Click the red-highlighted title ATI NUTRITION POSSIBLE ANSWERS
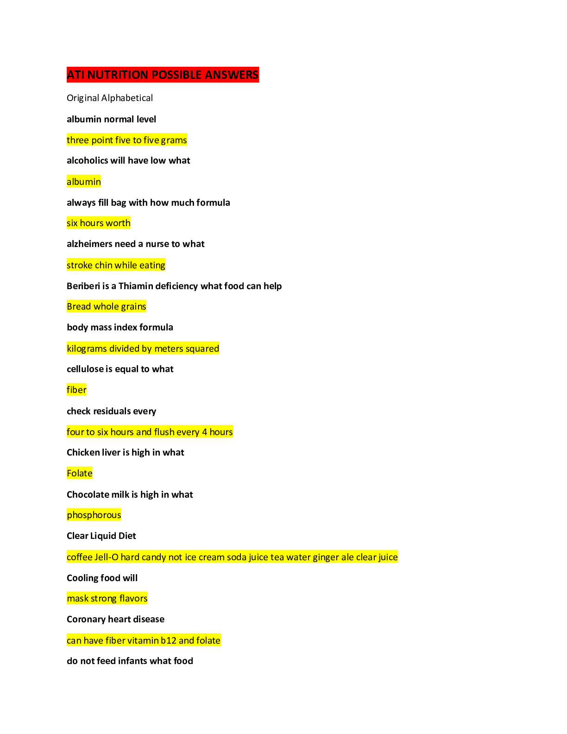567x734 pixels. tap(163, 75)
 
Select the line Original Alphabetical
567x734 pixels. tap(110, 98)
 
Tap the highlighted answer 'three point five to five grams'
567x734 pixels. tap(126, 140)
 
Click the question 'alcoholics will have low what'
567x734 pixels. tap(128, 160)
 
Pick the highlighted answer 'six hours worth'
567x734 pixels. tap(99, 223)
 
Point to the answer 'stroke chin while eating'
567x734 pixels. tap(116, 265)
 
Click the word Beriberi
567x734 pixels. tap(83, 286)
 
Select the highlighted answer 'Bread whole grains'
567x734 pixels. tap(107, 306)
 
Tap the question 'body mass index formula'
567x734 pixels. tap(120, 327)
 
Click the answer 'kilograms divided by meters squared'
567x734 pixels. tap(143, 348)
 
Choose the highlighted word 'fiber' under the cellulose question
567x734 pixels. tap(76, 390)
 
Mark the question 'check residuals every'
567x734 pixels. tap(112, 411)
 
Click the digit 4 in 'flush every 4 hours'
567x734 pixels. tap(204, 432)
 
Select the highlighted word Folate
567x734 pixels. tap(79, 473)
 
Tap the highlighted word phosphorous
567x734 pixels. tap(94, 515)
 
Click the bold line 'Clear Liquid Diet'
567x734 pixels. tap(101, 536)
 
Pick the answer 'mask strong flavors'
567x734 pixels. tap(107, 598)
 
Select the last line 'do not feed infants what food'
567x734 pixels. tap(130, 661)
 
